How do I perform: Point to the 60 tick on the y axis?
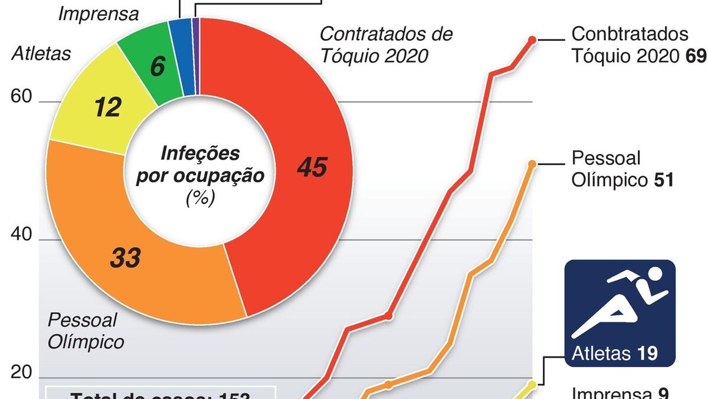point(21,96)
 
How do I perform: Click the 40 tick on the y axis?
point(21,234)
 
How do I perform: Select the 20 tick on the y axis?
point(21,372)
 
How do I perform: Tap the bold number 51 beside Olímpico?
point(664,180)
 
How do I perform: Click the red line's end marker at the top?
point(532,40)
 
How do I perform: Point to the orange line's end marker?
point(532,164)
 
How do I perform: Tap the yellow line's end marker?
point(532,385)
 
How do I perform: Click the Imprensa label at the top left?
point(99,14)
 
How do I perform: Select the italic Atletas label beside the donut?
point(41,54)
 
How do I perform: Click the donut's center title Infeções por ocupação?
point(200,165)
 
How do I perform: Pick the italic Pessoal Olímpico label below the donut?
point(86,331)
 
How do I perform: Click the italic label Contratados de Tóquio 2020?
point(386,44)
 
